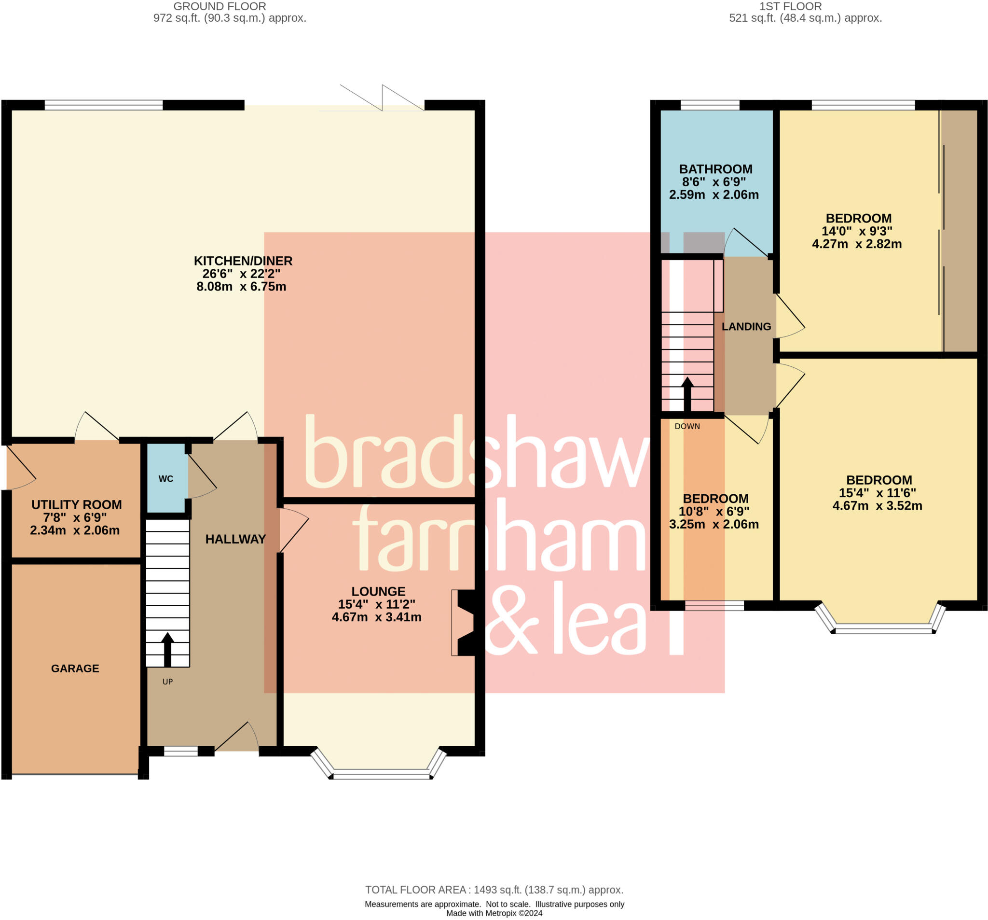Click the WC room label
point(165,478)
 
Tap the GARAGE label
point(75,669)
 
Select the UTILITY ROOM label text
point(76,504)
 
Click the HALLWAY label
point(235,539)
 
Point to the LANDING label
point(746,326)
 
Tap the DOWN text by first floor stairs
point(687,426)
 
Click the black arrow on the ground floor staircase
point(167,649)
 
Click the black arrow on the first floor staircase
point(687,394)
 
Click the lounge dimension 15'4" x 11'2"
point(376,604)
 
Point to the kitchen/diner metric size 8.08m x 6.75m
point(241,286)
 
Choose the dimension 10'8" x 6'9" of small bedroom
point(714,511)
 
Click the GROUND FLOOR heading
point(220,6)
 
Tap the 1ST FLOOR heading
point(790,6)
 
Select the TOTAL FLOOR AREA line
point(494,890)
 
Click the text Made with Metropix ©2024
point(494,913)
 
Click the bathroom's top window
point(709,105)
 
